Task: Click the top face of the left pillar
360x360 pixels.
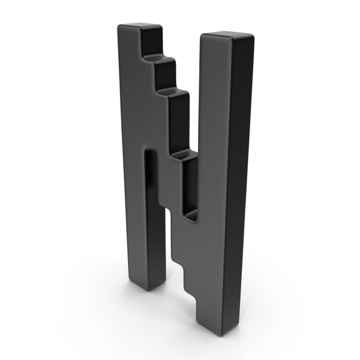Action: tap(140, 26)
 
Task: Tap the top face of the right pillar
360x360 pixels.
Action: tap(228, 35)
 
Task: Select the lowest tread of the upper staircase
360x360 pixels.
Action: tap(185, 155)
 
